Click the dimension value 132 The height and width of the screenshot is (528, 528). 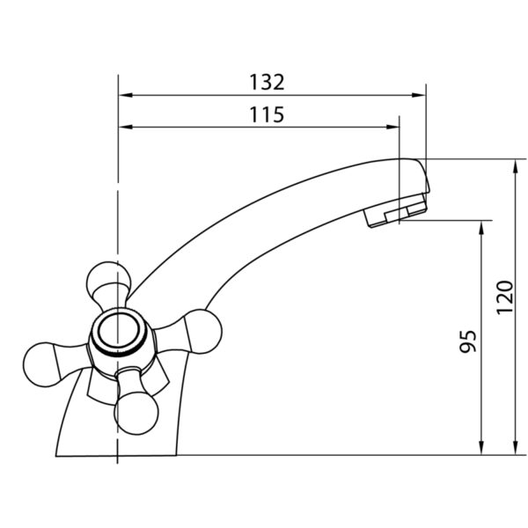(x=267, y=82)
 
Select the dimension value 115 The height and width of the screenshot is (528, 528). (x=267, y=114)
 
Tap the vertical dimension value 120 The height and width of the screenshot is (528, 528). (x=505, y=297)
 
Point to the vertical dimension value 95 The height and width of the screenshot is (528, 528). (x=468, y=341)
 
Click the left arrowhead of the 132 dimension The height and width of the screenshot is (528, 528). (x=125, y=95)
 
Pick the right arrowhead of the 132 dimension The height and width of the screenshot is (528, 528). (x=419, y=95)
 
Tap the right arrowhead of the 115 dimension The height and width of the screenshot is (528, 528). (x=392, y=127)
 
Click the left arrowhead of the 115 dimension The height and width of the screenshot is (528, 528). (x=125, y=127)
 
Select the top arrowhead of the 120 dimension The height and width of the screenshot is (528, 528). (x=515, y=165)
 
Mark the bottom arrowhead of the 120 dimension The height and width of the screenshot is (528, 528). (x=515, y=449)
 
